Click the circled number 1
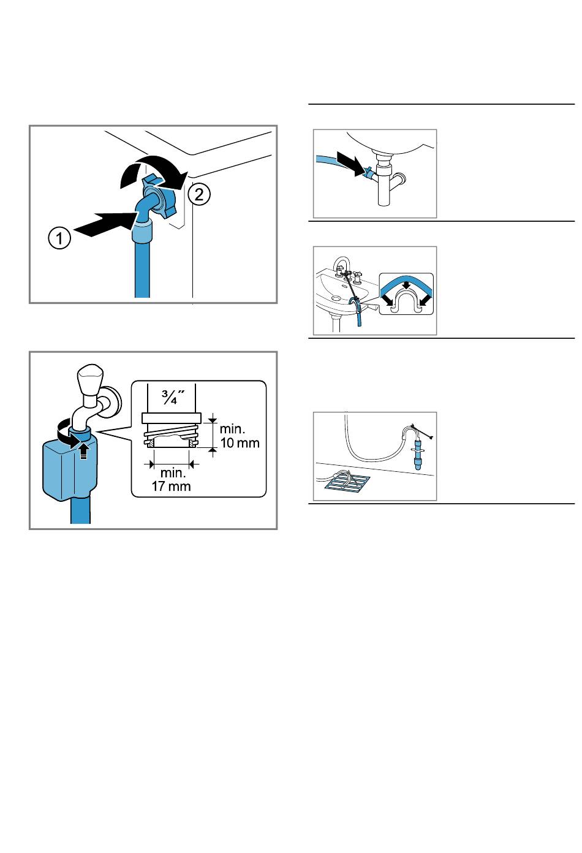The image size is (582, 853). pyautogui.click(x=59, y=238)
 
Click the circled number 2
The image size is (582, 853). pyautogui.click(x=199, y=195)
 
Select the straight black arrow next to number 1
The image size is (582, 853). pyautogui.click(x=105, y=225)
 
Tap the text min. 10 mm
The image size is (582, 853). pyautogui.click(x=240, y=436)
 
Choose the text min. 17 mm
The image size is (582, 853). pyautogui.click(x=172, y=479)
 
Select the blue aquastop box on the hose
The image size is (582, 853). pyautogui.click(x=70, y=468)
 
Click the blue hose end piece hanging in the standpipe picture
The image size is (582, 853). pyautogui.click(x=418, y=455)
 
